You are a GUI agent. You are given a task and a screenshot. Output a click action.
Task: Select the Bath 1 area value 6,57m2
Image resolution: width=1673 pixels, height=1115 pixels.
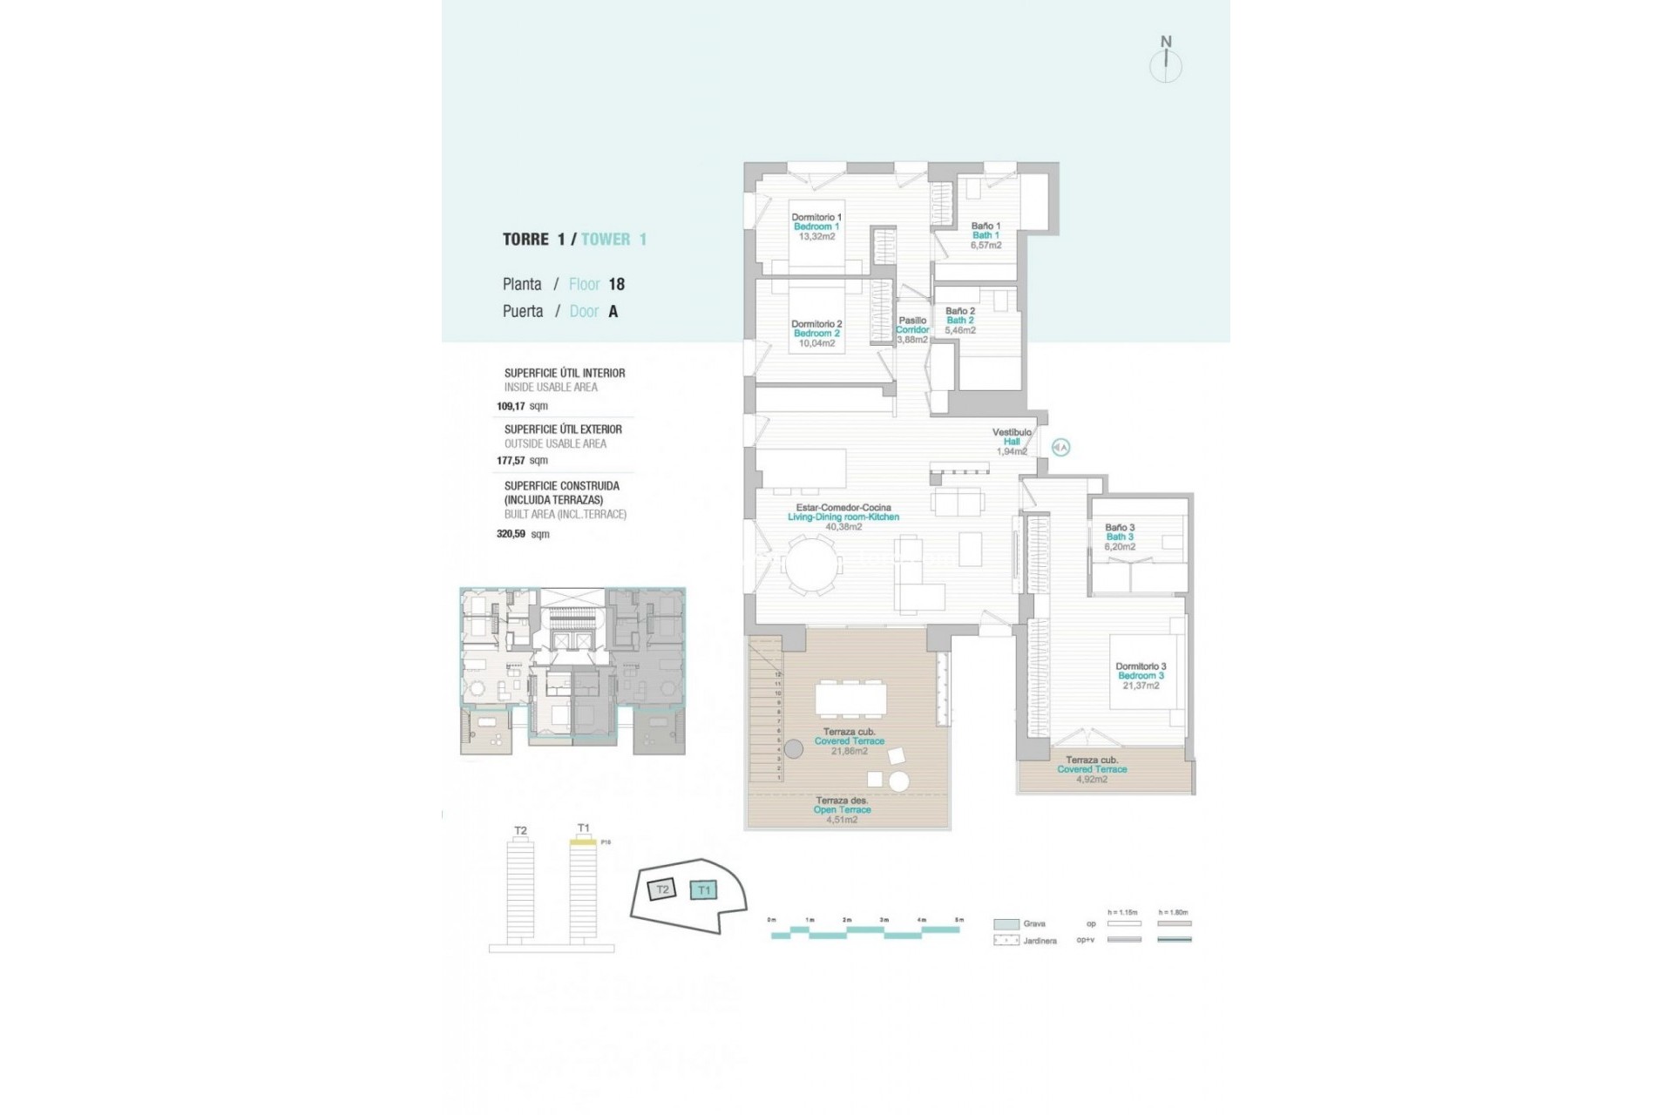986,246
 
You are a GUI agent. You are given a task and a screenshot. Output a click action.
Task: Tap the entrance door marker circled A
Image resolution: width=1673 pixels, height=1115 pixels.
1060,448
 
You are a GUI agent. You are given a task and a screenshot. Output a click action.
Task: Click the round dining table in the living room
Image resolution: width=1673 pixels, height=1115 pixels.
810,566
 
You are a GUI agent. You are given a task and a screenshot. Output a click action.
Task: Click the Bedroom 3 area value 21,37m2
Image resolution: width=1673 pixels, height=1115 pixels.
1141,686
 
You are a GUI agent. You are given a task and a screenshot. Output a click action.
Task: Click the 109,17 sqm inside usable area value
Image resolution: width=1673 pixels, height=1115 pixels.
522,406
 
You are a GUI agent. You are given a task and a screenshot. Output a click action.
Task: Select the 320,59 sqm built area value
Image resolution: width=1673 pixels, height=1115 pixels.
522,534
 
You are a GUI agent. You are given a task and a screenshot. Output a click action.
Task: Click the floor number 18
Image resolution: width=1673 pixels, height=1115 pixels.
616,284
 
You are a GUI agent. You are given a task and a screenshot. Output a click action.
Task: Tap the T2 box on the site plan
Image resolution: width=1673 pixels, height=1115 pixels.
662,889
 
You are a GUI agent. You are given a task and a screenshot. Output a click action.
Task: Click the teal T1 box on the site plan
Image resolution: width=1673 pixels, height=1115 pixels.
703,890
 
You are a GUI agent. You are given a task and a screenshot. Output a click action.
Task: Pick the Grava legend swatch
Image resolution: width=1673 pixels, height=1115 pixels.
1006,924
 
